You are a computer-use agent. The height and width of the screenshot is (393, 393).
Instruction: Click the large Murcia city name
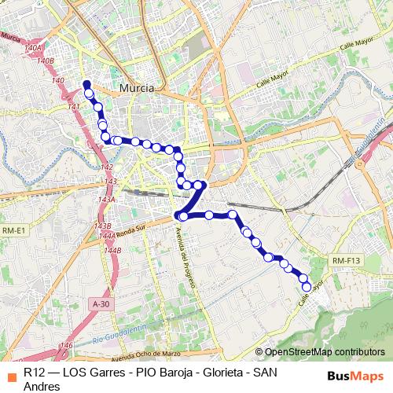[x=138, y=88]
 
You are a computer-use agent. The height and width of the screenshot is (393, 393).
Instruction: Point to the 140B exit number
[x=45, y=61]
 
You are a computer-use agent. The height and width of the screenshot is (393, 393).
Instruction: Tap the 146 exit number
[x=67, y=345]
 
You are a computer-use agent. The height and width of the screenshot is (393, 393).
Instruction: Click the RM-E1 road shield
[x=14, y=230]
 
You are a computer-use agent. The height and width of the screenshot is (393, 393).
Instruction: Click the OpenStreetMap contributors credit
[x=325, y=352]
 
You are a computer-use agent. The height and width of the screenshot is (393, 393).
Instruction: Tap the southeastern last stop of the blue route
[x=306, y=286]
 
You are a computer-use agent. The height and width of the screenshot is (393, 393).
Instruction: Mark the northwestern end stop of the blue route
[x=86, y=85]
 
